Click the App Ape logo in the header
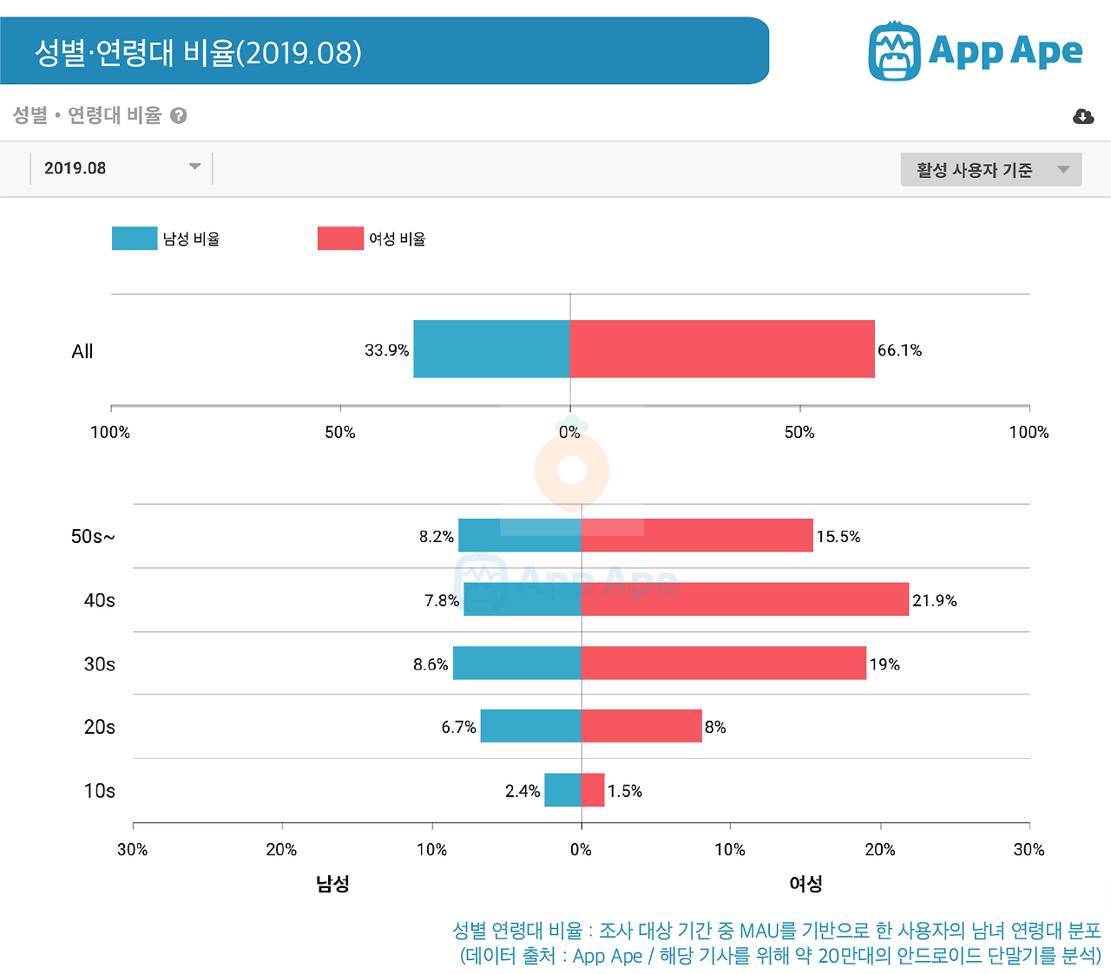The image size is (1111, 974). pos(975,51)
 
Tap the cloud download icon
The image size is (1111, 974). pos(1083,116)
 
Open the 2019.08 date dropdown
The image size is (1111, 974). pos(121,168)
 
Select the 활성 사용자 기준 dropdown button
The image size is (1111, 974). pos(990,170)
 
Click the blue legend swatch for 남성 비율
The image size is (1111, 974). pos(135,239)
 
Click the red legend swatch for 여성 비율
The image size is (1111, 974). pos(340,239)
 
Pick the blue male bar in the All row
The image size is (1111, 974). pos(491,349)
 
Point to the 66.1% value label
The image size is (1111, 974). pos(899,350)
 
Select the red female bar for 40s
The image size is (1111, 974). pos(745,599)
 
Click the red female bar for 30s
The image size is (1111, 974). pos(723,663)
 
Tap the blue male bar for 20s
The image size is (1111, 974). pos(530,726)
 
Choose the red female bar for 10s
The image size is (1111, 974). pos(593,790)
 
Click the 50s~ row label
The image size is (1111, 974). pos(93,537)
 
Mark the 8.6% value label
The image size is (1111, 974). pos(431,664)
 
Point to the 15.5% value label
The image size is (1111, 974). pos(838,537)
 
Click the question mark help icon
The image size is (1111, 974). pos(179,115)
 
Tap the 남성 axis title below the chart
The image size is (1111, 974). pos(332,884)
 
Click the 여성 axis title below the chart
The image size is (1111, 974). pos(805,884)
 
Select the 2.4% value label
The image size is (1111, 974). pos(523,791)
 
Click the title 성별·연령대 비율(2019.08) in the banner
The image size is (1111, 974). pos(198,52)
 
